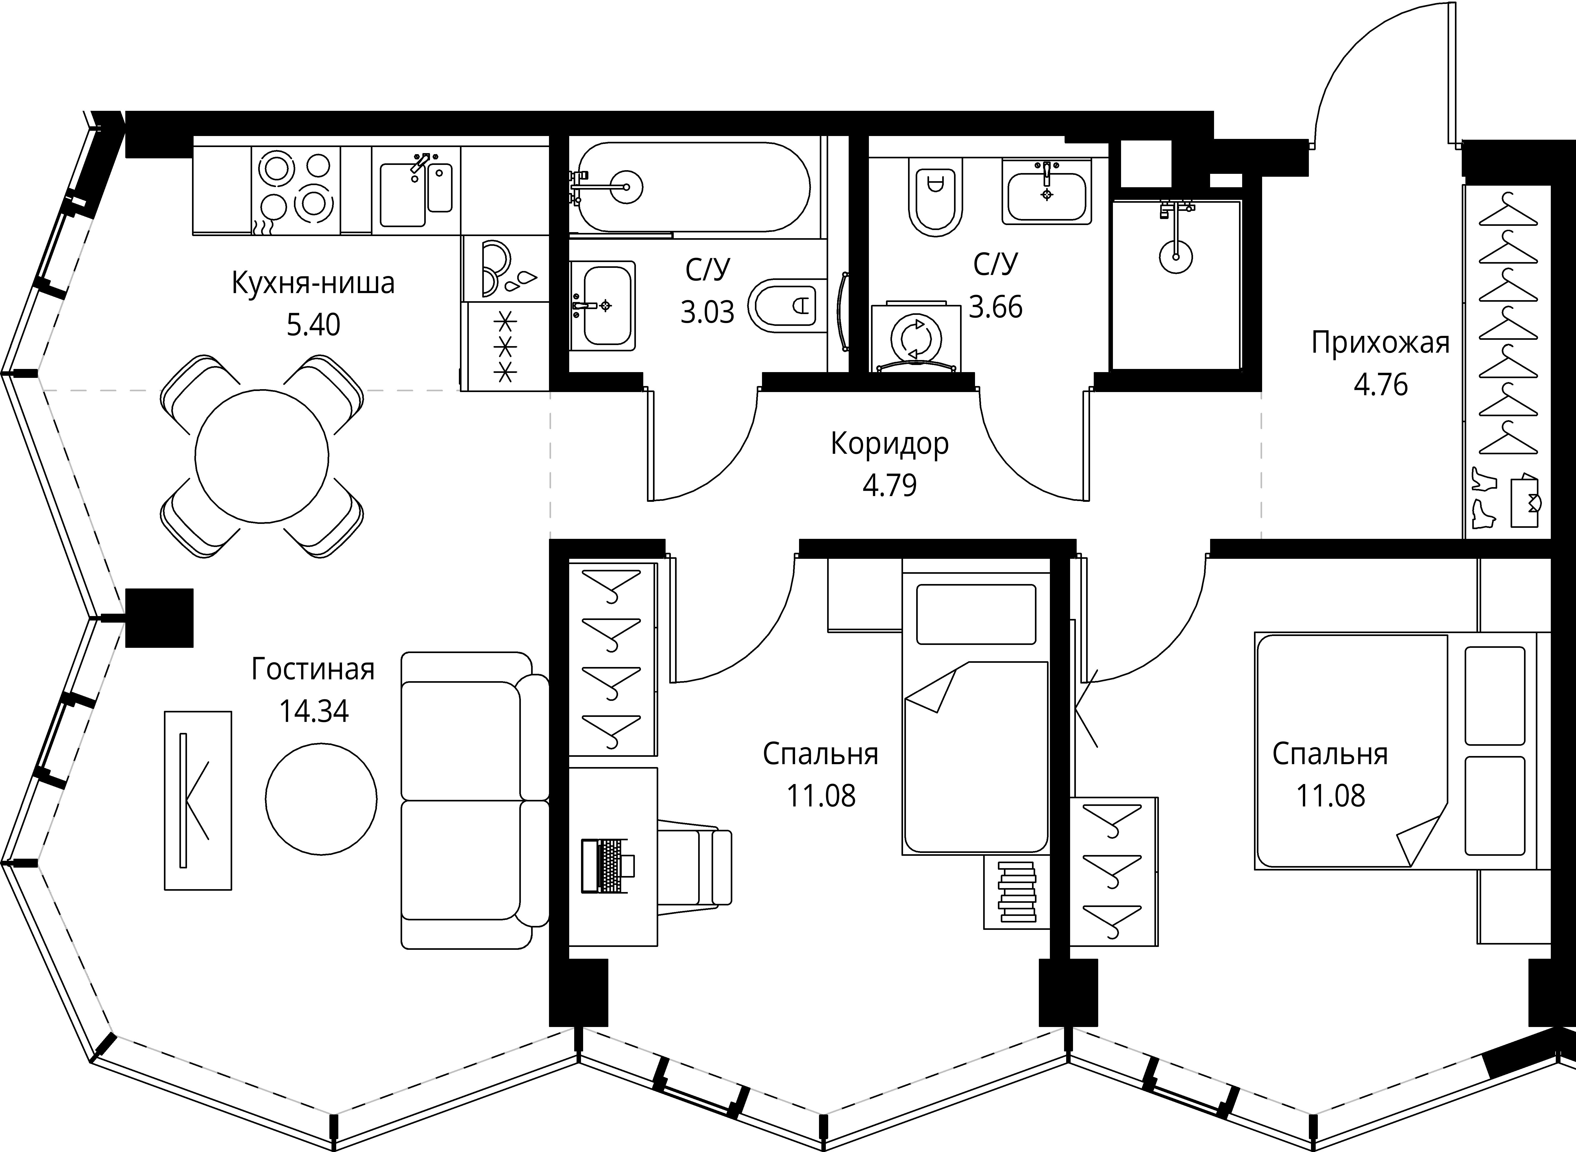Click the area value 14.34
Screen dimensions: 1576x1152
pos(314,711)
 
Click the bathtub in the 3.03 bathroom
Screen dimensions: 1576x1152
pos(690,187)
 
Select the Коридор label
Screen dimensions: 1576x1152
pos(890,444)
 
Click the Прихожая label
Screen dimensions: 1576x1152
pos(1380,343)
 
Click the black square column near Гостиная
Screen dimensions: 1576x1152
pos(159,618)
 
